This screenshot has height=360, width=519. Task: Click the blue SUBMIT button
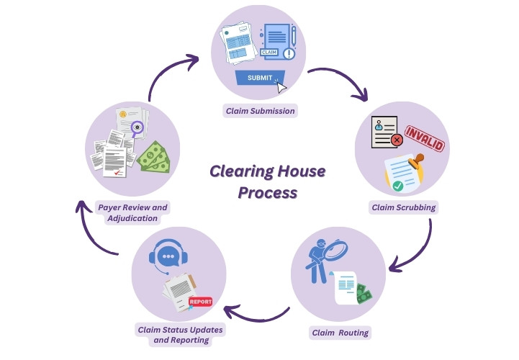pos(260,78)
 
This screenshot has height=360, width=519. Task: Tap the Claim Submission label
pos(260,111)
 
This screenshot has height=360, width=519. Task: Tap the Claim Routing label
pos(340,333)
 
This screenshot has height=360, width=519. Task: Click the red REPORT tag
pos(200,303)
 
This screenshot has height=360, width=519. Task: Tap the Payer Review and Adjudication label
pos(132,212)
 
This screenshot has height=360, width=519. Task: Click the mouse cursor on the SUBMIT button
pos(281,86)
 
